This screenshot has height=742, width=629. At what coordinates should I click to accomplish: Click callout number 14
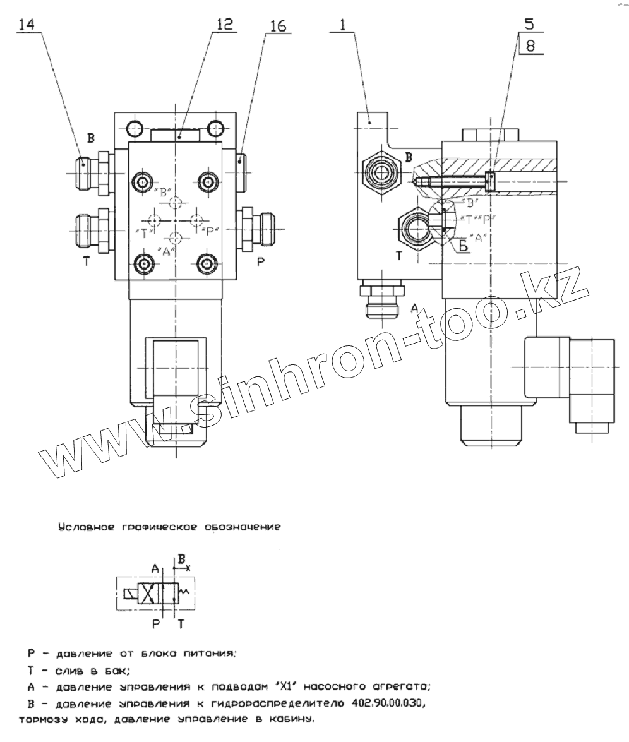point(28,25)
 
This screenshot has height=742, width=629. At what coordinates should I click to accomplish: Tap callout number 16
point(277,26)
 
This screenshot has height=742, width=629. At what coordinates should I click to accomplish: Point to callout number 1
point(342,26)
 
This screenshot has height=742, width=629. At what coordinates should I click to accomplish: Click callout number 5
point(529,25)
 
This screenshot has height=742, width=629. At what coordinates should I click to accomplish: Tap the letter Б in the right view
point(463,246)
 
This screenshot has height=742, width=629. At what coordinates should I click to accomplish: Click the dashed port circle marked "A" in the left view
point(176,237)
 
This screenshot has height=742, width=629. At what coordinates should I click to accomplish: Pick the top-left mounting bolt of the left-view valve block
point(142,183)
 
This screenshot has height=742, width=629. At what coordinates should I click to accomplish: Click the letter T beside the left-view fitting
point(87,261)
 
